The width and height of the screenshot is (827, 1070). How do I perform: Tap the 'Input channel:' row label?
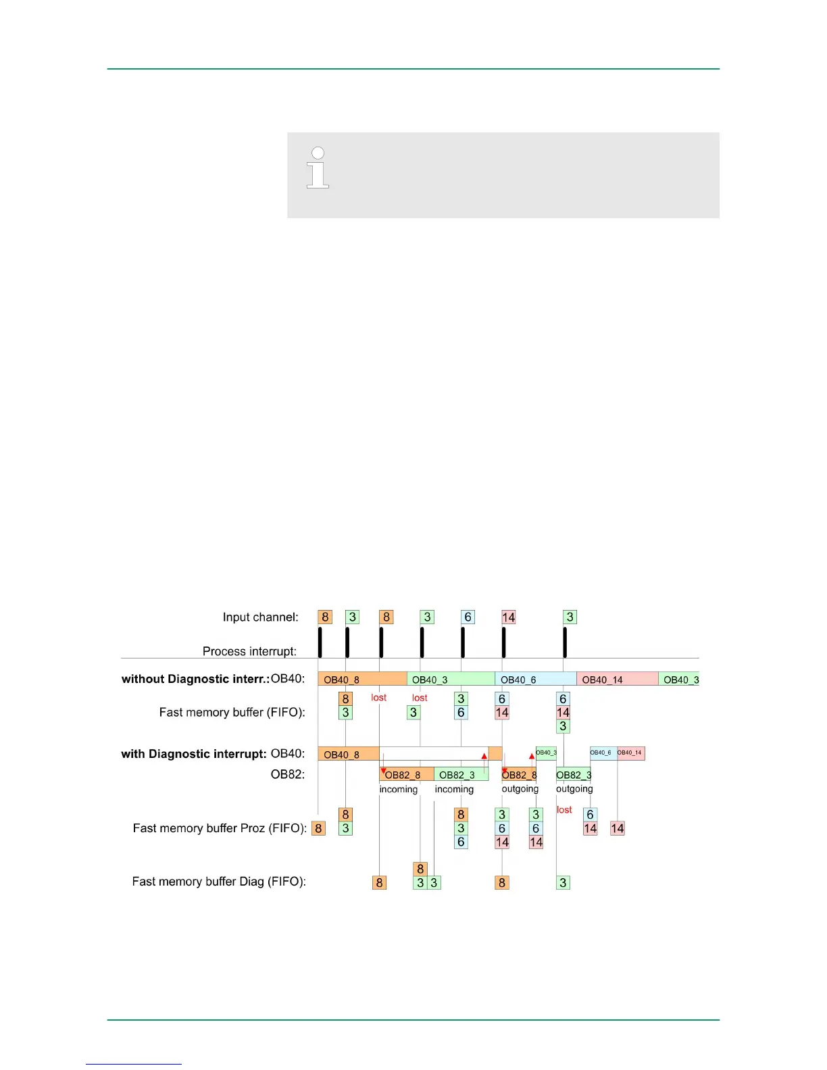pos(260,617)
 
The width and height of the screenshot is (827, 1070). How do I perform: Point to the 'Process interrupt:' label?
pos(249,651)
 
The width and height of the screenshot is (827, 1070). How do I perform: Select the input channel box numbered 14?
pos(509,617)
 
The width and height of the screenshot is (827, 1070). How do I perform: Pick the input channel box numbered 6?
pos(468,617)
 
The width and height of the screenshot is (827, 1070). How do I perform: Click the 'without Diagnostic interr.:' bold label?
pos(195,679)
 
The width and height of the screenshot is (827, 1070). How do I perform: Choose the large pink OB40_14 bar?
pos(617,679)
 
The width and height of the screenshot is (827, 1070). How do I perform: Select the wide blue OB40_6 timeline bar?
pos(535,679)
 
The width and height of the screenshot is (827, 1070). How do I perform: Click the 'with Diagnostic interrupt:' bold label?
pos(194,754)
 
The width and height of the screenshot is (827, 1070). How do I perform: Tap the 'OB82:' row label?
pos(288,774)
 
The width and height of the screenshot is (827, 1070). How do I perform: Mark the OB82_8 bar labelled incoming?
pos(406,774)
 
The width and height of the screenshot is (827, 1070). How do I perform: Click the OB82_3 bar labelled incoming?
pos(461,774)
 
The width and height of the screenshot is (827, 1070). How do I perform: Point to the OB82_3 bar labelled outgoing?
pos(573,774)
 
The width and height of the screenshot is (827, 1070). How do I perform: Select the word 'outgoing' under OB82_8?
pos(520,789)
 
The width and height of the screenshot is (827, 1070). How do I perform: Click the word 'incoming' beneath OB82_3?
pos(454,789)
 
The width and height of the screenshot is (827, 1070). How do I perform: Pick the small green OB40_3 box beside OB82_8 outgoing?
pos(546,753)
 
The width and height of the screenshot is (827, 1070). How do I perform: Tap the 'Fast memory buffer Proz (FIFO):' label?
pos(220,828)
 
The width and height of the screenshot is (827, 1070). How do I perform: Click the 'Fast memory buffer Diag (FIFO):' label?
pos(219,882)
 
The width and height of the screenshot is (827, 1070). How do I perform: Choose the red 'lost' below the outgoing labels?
pos(564,809)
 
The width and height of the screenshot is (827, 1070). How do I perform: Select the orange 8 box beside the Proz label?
pos(318,828)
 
